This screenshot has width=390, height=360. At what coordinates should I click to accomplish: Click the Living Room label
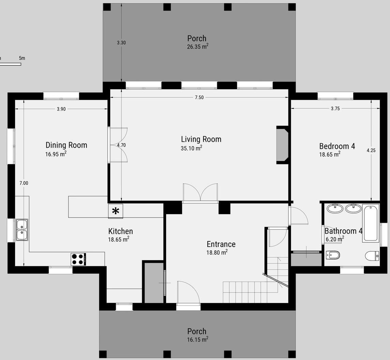201,139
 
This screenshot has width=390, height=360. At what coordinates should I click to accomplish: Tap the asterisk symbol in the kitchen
116,211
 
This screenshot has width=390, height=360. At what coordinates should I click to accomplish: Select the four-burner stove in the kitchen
78,259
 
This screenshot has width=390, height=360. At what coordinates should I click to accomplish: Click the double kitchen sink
22,230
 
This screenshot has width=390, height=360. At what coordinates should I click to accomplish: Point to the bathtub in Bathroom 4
371,223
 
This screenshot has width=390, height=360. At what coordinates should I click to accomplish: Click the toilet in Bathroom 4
372,256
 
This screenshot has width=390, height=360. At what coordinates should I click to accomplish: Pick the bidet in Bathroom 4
333,255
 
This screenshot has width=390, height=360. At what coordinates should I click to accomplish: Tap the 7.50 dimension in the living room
199,97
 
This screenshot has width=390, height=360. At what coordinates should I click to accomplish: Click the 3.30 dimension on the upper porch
121,43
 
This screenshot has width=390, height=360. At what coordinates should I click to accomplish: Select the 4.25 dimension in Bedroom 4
371,150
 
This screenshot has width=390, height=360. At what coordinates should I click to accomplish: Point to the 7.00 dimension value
24,183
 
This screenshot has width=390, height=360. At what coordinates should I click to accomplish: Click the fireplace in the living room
282,145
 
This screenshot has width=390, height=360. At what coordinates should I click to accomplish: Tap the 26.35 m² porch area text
198,46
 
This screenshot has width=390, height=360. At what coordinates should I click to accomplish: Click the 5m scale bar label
22,58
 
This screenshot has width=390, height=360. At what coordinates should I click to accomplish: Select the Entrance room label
221,244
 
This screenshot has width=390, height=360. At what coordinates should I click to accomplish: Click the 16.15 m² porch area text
198,339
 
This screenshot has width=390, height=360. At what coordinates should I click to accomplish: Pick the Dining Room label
66,145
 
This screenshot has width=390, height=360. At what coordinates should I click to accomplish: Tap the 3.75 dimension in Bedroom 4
335,108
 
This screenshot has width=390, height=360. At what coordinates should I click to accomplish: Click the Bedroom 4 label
337,146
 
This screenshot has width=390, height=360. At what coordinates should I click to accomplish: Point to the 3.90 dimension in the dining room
61,109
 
